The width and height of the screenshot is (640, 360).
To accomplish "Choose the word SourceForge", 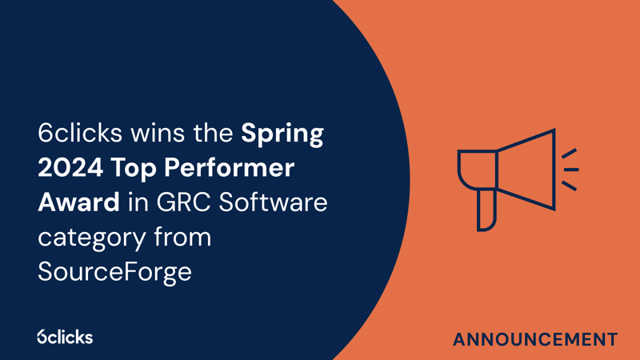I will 114,272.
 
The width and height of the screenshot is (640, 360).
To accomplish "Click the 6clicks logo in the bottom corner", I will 65,337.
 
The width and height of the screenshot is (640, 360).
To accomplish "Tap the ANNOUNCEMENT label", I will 534,339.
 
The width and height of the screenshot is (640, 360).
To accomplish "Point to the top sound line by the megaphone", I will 569,153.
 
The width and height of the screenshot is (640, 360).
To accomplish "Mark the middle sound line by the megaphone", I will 571,170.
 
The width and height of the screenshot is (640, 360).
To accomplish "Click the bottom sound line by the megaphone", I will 569,186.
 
